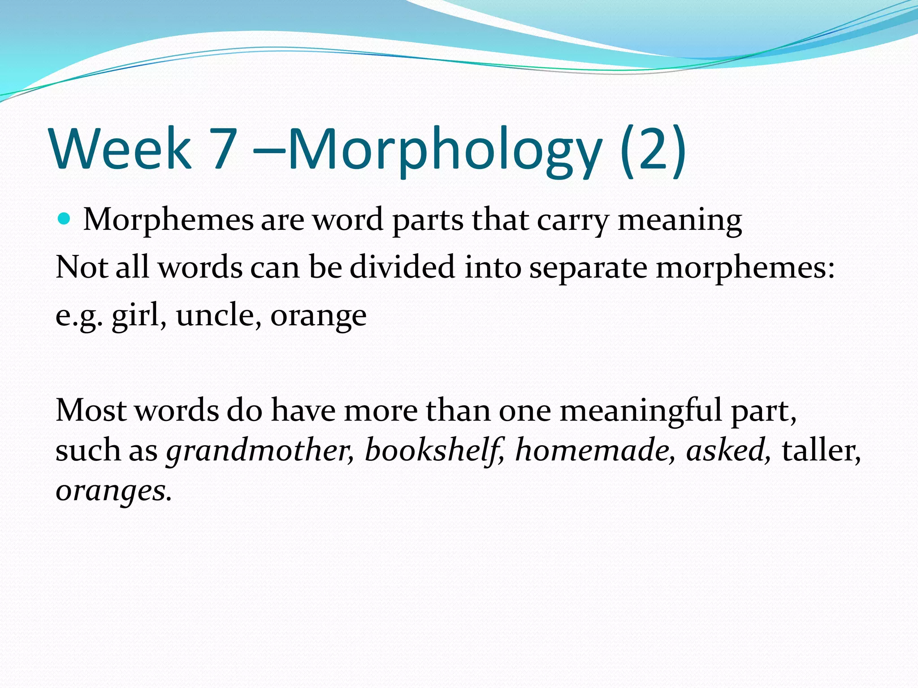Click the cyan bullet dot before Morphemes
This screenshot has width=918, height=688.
[x=65, y=219]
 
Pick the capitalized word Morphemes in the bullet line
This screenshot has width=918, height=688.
[x=169, y=220]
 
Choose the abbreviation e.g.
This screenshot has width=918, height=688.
[x=79, y=316]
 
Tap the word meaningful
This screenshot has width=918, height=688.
[x=641, y=411]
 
